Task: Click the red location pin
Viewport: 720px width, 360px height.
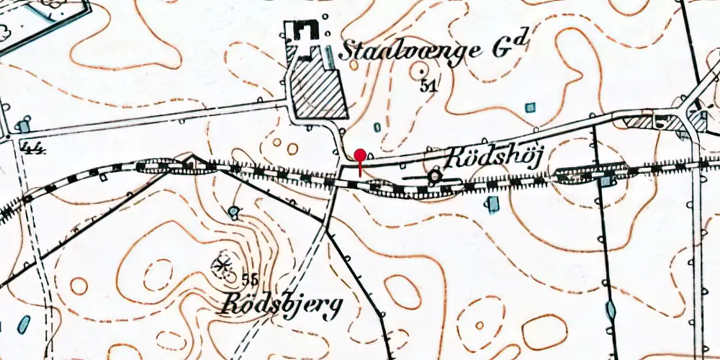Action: point(359,155)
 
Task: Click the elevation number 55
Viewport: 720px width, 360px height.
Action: point(251,279)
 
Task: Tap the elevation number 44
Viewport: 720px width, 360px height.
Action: point(33,148)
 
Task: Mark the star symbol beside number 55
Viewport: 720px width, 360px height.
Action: point(222,266)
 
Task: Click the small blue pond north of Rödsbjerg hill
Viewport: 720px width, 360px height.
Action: point(234,212)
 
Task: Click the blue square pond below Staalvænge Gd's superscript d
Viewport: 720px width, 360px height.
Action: point(531,107)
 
